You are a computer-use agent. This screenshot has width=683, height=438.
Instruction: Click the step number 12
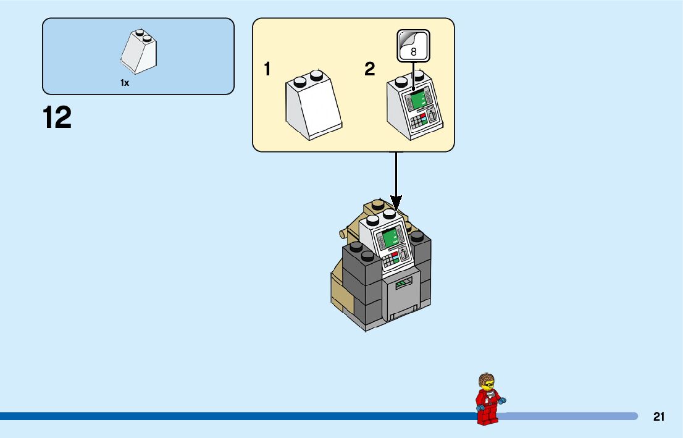point(57,118)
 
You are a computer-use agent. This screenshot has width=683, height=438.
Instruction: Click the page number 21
point(659,417)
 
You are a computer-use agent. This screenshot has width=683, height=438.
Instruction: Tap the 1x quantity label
point(125,83)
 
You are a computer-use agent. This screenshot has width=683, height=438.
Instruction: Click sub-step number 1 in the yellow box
point(267,70)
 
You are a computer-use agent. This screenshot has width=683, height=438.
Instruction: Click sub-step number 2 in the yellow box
point(369,70)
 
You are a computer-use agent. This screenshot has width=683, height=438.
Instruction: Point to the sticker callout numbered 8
point(413,46)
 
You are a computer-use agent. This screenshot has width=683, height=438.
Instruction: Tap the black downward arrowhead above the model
point(396,201)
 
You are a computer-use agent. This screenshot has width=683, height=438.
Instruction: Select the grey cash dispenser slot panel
point(403,297)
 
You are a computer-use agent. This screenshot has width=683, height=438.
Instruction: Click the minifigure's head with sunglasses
point(487,382)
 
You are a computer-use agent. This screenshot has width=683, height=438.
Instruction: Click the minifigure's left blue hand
point(479,408)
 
